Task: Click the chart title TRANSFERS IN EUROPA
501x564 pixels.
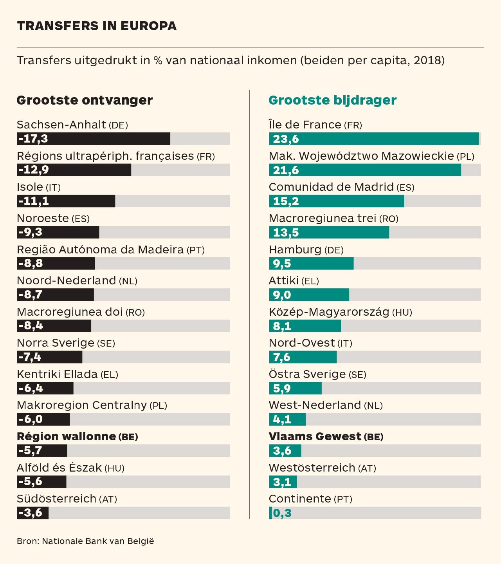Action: click(x=97, y=26)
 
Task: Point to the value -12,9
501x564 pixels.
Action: click(x=34, y=170)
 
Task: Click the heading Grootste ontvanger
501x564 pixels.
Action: click(x=85, y=100)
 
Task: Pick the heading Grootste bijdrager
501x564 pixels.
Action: click(x=332, y=100)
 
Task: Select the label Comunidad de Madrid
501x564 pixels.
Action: click(x=331, y=187)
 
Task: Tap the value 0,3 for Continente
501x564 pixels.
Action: click(x=282, y=513)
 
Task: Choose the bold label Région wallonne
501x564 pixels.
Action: click(x=67, y=436)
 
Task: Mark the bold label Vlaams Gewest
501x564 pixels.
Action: click(x=315, y=436)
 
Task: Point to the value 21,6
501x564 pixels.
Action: click(x=286, y=170)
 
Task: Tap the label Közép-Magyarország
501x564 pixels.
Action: click(x=329, y=312)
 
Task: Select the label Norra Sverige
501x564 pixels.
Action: click(x=56, y=343)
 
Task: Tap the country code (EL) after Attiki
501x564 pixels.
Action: click(x=310, y=281)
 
